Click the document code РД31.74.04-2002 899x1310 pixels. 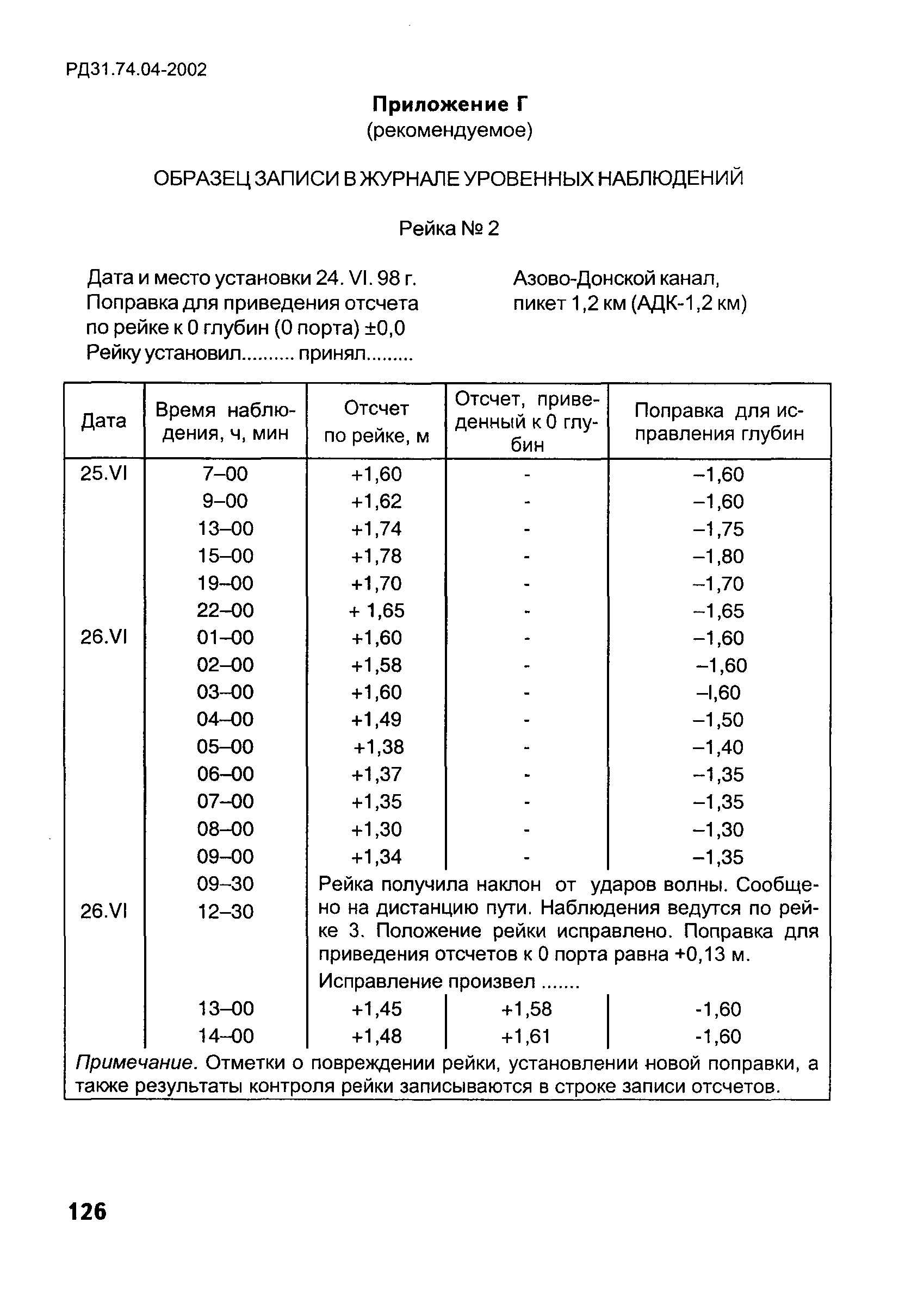pyautogui.click(x=137, y=70)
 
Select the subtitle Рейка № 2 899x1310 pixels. pyautogui.click(x=449, y=229)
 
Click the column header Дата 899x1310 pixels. pyautogui.click(x=104, y=421)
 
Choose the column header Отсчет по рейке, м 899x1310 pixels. pyautogui.click(x=376, y=422)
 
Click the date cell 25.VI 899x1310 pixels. pyautogui.click(x=104, y=474)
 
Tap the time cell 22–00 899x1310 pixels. pyautogui.click(x=225, y=610)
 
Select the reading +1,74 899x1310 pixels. pyautogui.click(x=376, y=529)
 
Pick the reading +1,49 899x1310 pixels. pyautogui.click(x=376, y=720)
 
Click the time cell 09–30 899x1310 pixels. pyautogui.click(x=225, y=884)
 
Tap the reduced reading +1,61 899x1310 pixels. pyautogui.click(x=526, y=1037)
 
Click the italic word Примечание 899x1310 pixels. pyautogui.click(x=136, y=1064)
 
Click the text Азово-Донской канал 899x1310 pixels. pyautogui.click(x=616, y=278)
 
